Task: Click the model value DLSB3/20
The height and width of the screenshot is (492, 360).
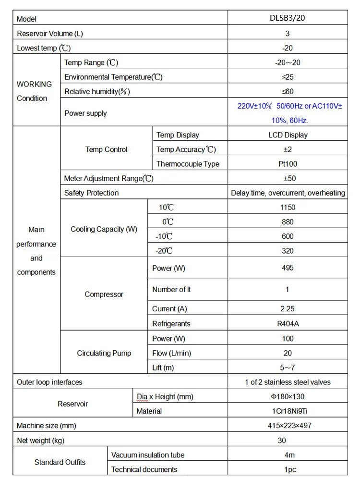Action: tap(288, 19)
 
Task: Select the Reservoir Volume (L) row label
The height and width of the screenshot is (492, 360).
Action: tap(53, 34)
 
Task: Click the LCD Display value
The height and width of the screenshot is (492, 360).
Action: tap(288, 135)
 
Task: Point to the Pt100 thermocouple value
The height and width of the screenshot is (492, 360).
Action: tap(288, 164)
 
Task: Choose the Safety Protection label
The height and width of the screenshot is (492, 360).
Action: tap(91, 193)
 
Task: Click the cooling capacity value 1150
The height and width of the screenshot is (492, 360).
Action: tap(288, 208)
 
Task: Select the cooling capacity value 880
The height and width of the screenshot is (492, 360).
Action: tap(288, 222)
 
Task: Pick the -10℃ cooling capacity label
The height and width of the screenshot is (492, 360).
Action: tap(164, 236)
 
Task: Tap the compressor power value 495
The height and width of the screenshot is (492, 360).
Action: tap(288, 268)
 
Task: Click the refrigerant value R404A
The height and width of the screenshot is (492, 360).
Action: tap(288, 323)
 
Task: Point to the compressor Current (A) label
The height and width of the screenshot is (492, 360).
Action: tap(169, 309)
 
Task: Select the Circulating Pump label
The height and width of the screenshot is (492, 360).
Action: tap(104, 353)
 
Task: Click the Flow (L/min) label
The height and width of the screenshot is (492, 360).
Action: tap(171, 353)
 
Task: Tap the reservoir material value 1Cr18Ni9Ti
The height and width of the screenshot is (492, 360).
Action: tap(288, 411)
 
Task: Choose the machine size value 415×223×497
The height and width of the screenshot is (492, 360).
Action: tap(288, 426)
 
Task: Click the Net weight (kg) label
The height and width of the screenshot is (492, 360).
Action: tap(40, 440)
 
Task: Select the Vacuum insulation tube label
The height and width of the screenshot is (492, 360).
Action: tap(148, 455)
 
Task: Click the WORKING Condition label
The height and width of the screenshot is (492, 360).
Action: tap(34, 91)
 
